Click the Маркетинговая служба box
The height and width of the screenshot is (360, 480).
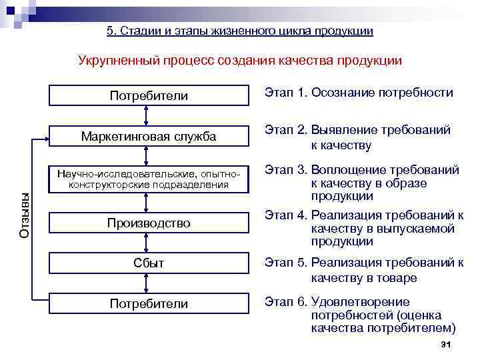148,137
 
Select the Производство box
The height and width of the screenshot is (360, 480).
148,223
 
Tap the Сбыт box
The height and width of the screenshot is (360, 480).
148,263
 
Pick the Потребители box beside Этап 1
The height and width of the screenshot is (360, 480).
148,96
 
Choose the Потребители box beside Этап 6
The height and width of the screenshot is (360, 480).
148,304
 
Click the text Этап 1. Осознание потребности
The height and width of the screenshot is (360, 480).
359,93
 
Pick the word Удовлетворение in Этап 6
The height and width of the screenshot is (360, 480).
360,302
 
